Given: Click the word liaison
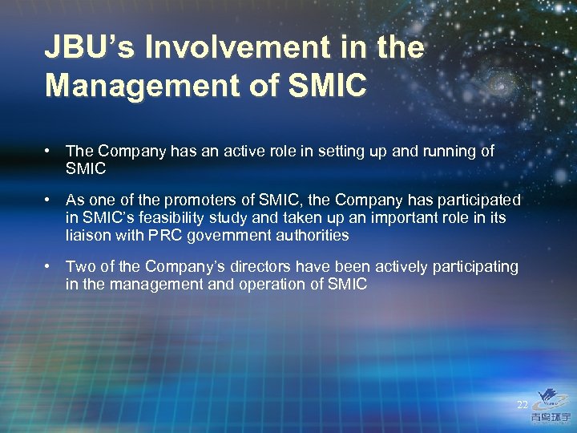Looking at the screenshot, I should click(x=87, y=235).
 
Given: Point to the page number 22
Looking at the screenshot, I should click(x=523, y=404).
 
